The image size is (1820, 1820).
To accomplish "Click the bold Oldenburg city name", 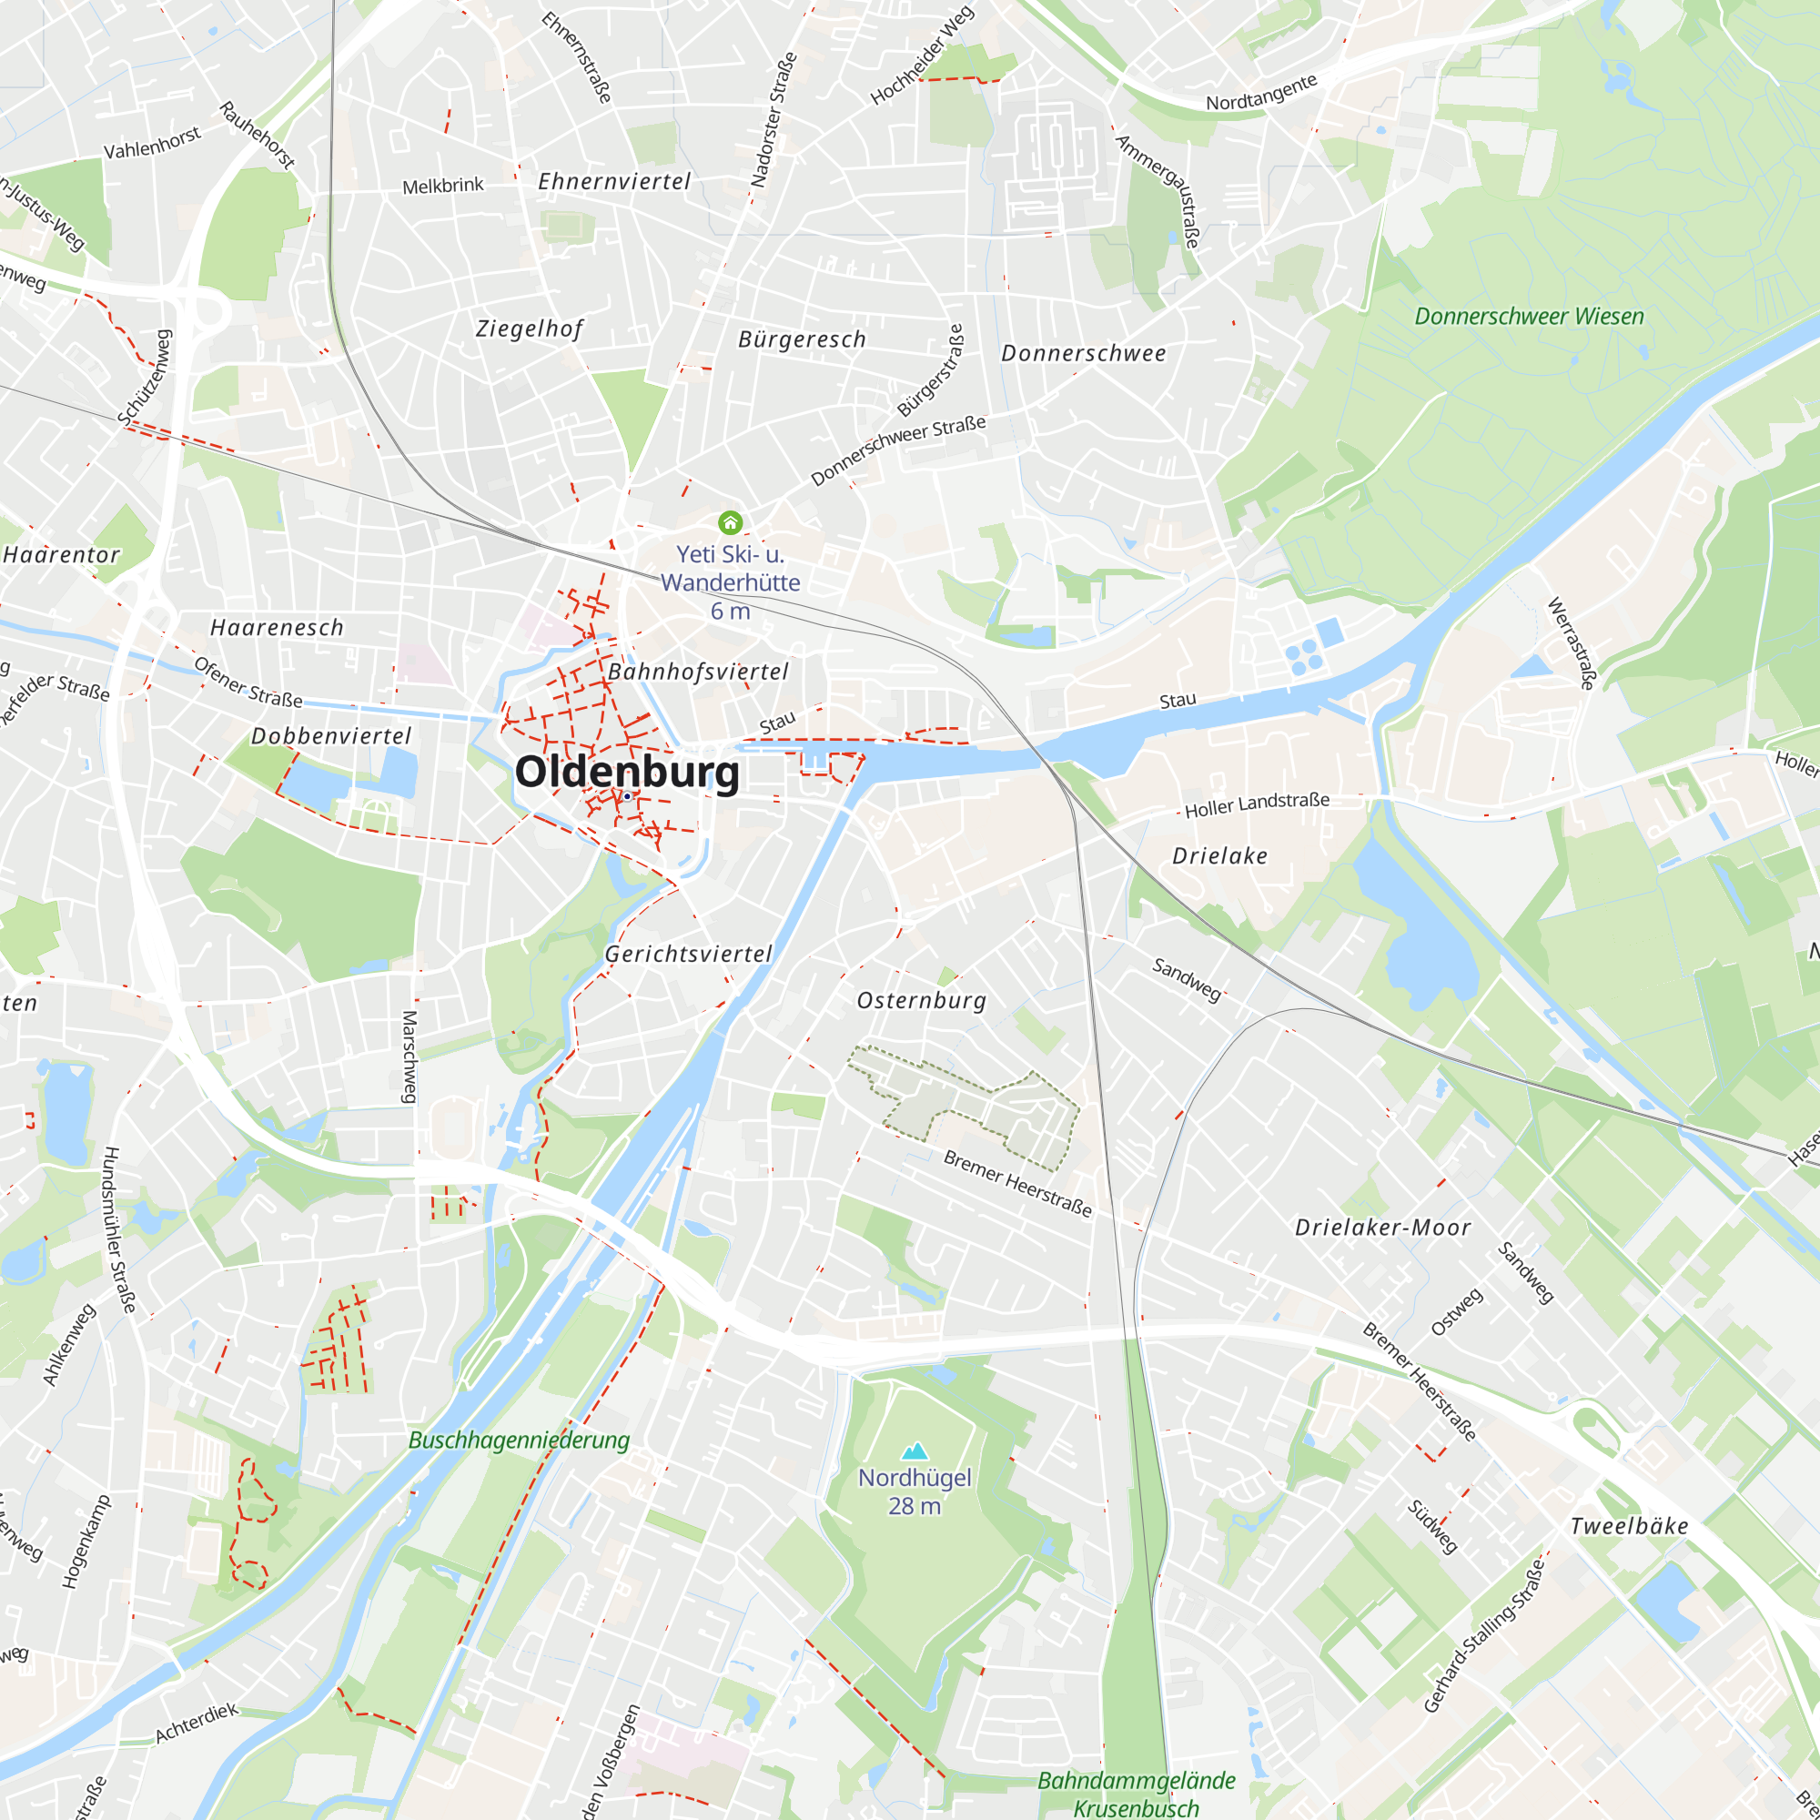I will click(x=627, y=773).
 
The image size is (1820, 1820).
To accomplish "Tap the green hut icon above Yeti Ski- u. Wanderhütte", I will click(x=730, y=521).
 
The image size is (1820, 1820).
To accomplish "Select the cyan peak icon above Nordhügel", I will click(x=915, y=1451).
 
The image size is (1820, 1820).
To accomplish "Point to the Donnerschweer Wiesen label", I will click(x=1529, y=317).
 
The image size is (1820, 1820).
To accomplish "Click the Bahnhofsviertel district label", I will click(x=698, y=672).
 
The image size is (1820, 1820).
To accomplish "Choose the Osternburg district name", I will click(x=921, y=1000).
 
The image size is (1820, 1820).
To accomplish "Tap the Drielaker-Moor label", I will click(x=1383, y=1228).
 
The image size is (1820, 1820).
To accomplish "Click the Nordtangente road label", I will click(x=1261, y=92).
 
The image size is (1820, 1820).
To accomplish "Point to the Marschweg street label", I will click(x=409, y=1057).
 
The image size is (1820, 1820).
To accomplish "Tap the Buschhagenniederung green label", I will click(x=519, y=1440).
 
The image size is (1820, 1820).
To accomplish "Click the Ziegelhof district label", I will click(x=530, y=329).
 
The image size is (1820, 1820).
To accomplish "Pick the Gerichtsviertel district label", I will click(x=689, y=955).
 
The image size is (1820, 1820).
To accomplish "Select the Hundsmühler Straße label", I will click(x=119, y=1230).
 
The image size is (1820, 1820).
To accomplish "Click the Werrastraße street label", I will click(x=1572, y=643).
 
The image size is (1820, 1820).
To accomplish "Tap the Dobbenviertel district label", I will click(x=331, y=735).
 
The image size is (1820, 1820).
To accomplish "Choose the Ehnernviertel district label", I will click(x=614, y=182).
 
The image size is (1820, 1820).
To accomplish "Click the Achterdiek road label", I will click(x=197, y=1723).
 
